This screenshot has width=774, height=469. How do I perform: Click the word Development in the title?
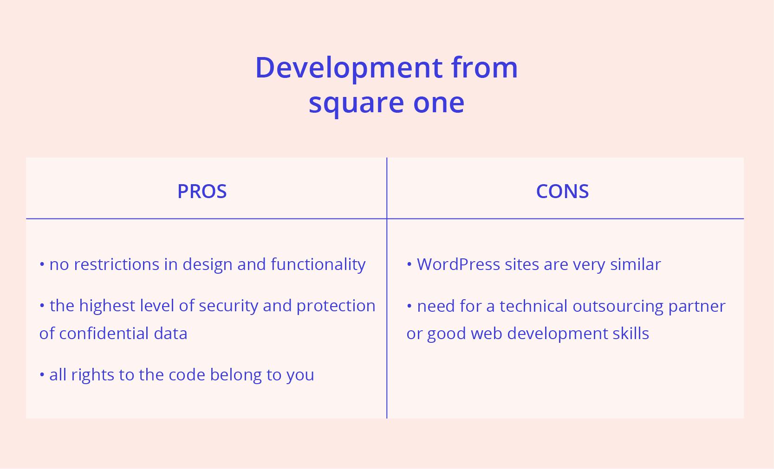(348, 68)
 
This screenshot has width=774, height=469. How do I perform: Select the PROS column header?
(202, 192)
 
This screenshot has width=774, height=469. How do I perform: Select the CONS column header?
(562, 192)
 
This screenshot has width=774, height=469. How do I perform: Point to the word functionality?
(318, 264)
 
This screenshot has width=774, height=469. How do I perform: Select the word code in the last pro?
(187, 375)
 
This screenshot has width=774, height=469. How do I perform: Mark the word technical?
(533, 306)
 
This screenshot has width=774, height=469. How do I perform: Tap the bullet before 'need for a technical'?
(410, 306)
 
